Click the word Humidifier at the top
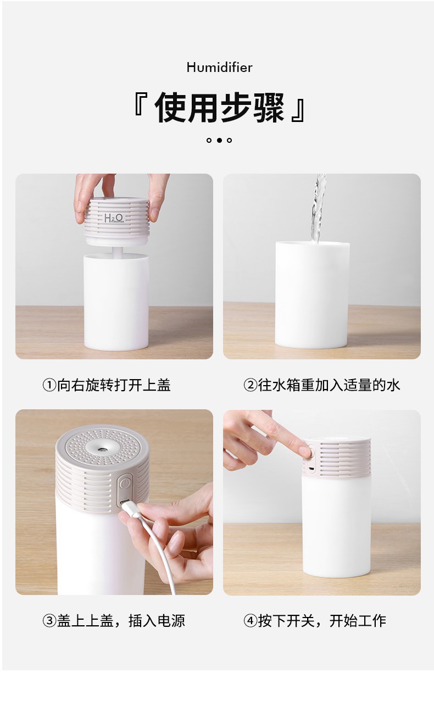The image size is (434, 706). pos(219,68)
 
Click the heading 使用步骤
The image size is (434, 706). pos(219,108)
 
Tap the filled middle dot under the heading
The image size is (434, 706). pos(219,140)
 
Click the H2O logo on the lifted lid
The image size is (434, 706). pos(114,218)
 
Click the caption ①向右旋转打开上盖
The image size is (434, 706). pos(107,385)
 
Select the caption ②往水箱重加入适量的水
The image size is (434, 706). pos(321,385)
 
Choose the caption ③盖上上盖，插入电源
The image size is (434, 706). pos(114,621)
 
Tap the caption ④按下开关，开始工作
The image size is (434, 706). pos(315,621)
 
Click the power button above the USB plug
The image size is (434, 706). pos(126,483)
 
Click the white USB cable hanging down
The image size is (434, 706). pos(165,560)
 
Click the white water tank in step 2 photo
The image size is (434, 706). pos(312,297)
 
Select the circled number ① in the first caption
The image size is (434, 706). pos(49,385)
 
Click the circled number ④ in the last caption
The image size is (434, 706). pos(251,621)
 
